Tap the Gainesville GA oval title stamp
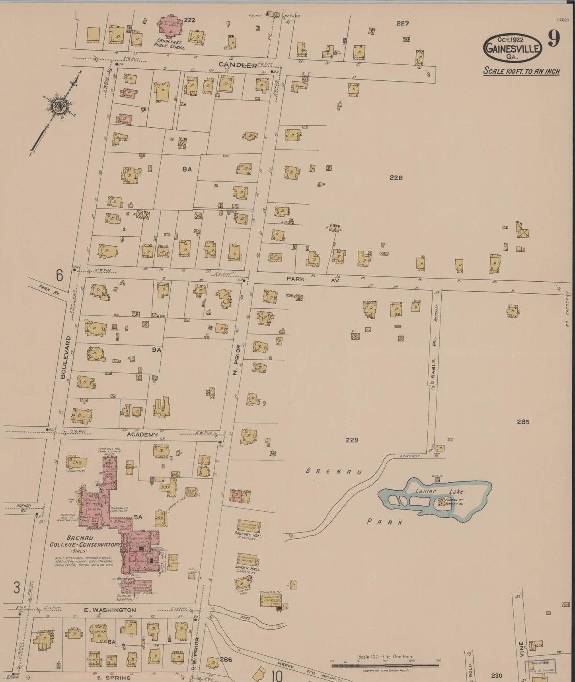point(513,47)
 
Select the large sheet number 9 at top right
point(554,39)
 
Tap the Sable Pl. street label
point(434,360)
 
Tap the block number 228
point(396,178)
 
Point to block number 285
point(523,422)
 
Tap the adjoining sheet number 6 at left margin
point(60,275)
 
